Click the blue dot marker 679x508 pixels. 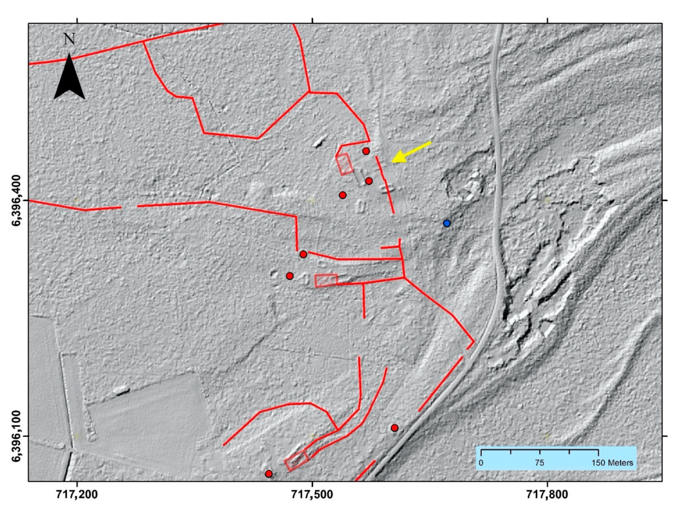pyautogui.click(x=447, y=223)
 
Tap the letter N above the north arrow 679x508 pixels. pyautogui.click(x=69, y=39)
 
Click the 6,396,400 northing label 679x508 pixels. pyautogui.click(x=17, y=200)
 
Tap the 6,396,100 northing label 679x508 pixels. pyautogui.click(x=17, y=436)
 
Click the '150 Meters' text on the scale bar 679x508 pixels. pyautogui.click(x=612, y=463)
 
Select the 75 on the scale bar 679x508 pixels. pyautogui.click(x=539, y=463)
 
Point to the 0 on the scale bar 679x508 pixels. pyautogui.click(x=481, y=463)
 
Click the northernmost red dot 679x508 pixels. pyautogui.click(x=366, y=151)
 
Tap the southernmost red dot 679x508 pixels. pyautogui.click(x=269, y=474)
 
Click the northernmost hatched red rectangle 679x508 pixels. pyautogui.click(x=344, y=164)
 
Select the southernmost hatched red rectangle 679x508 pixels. pyautogui.click(x=296, y=460)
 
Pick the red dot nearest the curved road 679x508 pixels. pyautogui.click(x=395, y=428)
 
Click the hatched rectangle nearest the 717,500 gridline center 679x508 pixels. pyautogui.click(x=326, y=281)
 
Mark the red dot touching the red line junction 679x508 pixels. pyautogui.click(x=303, y=254)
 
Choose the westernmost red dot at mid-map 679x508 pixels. pyautogui.click(x=290, y=276)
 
